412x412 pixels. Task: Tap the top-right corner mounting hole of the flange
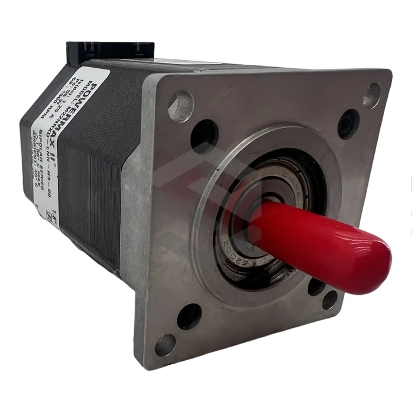pyautogui.click(x=373, y=90)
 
